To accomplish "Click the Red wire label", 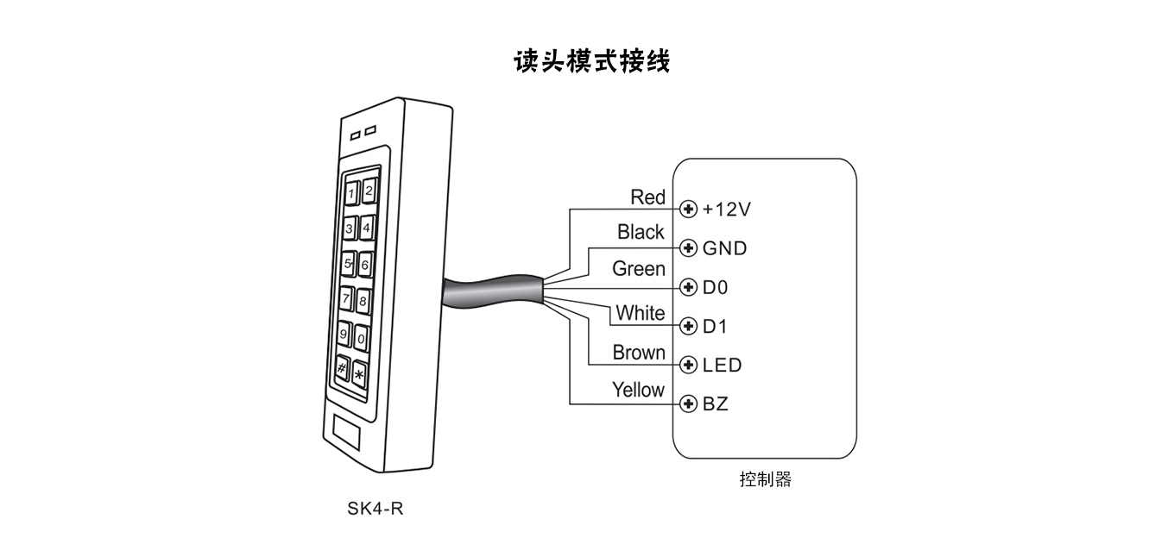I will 647,197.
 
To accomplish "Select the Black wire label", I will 641,232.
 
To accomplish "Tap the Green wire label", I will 639,269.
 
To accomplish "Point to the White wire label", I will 641,313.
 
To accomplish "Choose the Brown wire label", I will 639,353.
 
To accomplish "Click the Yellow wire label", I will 638,390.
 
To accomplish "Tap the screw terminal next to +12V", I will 689,209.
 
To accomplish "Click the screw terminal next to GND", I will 689,248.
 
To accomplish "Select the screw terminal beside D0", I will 689,286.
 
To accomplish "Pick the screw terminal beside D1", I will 689,326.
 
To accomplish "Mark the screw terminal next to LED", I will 689,365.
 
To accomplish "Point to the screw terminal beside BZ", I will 689,403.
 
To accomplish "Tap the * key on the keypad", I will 358,374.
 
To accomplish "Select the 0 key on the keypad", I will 362,337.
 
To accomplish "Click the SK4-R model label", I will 376,508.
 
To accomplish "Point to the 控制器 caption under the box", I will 765,479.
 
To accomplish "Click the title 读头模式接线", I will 591,62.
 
